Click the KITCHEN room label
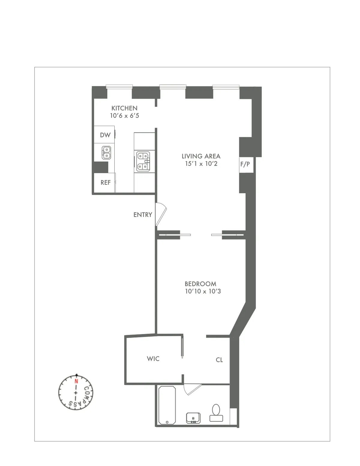124,108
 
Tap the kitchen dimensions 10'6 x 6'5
124,116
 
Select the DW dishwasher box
105,135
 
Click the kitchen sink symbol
106,152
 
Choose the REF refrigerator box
105,182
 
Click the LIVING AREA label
201,156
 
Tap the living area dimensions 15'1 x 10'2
201,164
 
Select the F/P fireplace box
245,164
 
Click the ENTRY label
142,215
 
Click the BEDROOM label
200,284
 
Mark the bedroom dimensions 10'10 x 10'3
203,291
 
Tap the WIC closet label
153,359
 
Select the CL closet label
219,360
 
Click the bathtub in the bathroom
167,405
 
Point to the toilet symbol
216,413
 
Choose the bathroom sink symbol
193,418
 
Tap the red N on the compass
76,382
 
